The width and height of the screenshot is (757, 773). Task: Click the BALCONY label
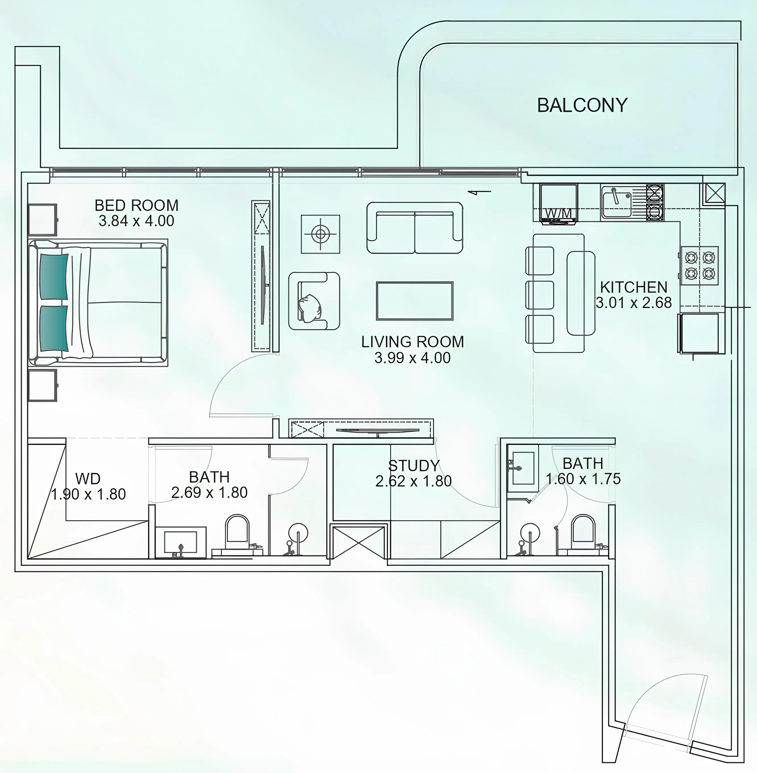pyautogui.click(x=582, y=105)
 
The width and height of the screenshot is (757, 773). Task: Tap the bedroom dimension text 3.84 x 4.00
pyautogui.click(x=136, y=221)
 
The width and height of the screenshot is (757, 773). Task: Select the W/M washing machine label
pyautogui.click(x=558, y=213)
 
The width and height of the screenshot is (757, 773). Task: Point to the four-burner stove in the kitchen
pyautogui.click(x=699, y=265)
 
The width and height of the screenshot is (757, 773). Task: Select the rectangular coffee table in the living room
pyautogui.click(x=415, y=301)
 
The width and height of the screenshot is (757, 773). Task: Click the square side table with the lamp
pyautogui.click(x=320, y=234)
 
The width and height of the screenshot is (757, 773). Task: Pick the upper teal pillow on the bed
pyautogui.click(x=54, y=276)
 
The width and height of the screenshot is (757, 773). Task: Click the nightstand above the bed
pyautogui.click(x=42, y=219)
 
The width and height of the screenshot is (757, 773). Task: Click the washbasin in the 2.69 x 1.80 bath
pyautogui.click(x=181, y=541)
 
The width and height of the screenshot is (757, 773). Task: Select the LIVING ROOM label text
pyautogui.click(x=412, y=342)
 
